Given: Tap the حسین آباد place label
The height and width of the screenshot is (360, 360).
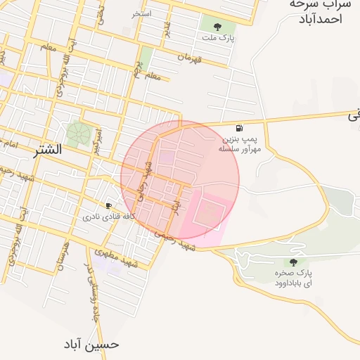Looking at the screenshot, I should (91, 345).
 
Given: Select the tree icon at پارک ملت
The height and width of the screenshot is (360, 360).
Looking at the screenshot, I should (217, 27).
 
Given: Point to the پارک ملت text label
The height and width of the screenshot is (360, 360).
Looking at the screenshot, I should (217, 37).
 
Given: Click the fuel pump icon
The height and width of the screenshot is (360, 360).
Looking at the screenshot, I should (240, 128).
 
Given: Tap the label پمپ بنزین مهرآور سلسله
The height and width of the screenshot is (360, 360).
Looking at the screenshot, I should (240, 144).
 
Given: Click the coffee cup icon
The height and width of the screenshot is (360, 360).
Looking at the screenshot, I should (108, 205).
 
